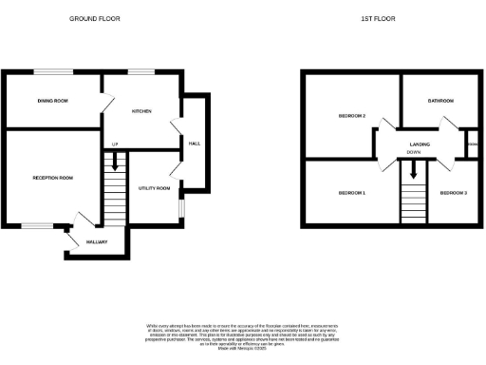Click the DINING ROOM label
coord(52,100)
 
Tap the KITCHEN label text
coord(141,111)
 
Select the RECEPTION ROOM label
coord(52,178)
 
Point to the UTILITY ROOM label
coord(154,188)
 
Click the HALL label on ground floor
coord(194,144)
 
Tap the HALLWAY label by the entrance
coord(97,241)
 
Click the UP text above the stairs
coord(114,144)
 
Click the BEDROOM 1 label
coord(352,193)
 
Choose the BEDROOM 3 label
coord(453,193)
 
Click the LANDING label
coord(420,144)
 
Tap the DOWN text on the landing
coord(414,152)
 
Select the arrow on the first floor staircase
coord(413,171)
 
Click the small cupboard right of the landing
coord(472,144)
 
